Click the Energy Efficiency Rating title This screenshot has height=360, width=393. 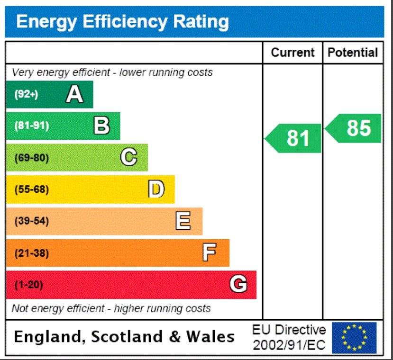tap(122, 22)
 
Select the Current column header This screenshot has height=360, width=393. tap(292, 53)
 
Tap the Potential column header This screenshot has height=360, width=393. tap(353, 53)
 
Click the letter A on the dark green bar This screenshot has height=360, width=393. tap(74, 94)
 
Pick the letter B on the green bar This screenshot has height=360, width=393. tap(101, 126)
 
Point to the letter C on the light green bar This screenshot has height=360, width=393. tap(129, 157)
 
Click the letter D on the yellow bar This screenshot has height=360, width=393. tap(156, 189)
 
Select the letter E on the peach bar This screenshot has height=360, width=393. tap(183, 221)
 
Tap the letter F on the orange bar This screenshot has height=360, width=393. tap(210, 253)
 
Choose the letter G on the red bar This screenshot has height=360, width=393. tap(238, 285)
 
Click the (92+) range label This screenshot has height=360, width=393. tap(26, 94)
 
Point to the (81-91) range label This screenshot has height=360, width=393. tap(32, 126)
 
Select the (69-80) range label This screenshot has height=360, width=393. tap(32, 158)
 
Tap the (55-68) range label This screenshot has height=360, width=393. tap(32, 189)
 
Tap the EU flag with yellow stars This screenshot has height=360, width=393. tap(354, 337)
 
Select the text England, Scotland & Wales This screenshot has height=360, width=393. tap(124, 337)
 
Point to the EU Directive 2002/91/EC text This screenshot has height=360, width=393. tap(289, 337)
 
